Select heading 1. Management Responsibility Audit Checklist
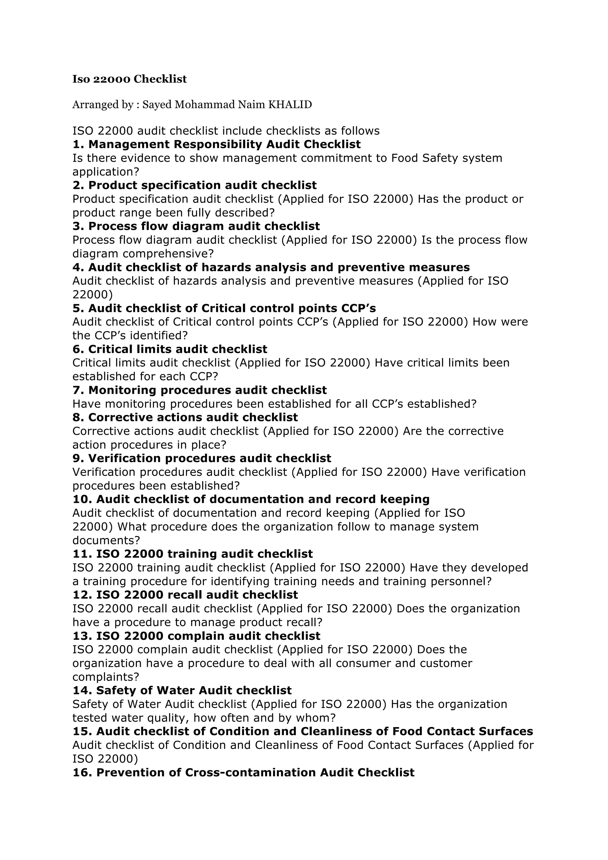pos(216,144)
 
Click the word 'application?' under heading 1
pos(106,172)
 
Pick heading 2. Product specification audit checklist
pos(194,185)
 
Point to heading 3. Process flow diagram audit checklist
pos(196,226)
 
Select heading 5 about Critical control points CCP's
pos(224,308)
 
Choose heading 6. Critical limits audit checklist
pos(170,349)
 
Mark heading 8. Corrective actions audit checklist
pos(185,417)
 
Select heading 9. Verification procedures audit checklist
pos(202,458)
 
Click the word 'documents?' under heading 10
pos(106,540)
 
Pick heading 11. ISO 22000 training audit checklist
pos(193,554)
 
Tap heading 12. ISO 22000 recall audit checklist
pos(185,594)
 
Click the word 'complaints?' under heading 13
pos(106,677)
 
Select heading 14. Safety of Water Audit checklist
pos(182,690)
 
